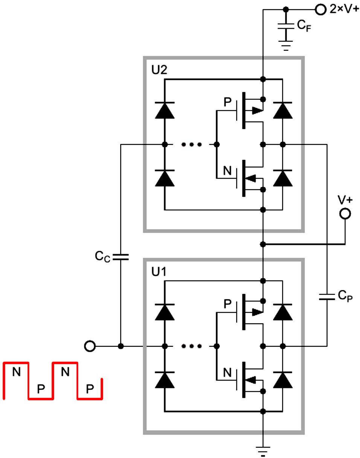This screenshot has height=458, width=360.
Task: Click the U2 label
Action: tap(159, 70)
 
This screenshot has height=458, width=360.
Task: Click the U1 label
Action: tap(159, 272)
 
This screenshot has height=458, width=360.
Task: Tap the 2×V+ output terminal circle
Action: tap(320, 9)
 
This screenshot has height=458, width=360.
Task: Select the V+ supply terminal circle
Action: tap(345, 214)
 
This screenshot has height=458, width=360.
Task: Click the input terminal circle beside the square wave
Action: tap(90, 346)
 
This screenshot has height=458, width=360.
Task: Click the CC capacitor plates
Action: tap(121, 257)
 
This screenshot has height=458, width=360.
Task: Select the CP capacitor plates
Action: tap(327, 297)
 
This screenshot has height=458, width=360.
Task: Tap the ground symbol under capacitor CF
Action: tap(286, 46)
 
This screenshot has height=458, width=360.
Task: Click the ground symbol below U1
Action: tap(263, 451)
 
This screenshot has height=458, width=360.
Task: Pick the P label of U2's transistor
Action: tap(227, 102)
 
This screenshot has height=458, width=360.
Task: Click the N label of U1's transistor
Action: tap(227, 373)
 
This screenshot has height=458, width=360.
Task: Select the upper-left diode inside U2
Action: tap(165, 110)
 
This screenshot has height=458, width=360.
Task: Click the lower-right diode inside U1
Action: tap(282, 380)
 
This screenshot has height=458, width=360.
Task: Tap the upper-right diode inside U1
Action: tap(282, 312)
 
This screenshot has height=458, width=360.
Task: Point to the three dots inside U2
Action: tap(192, 145)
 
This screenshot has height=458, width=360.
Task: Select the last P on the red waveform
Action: tap(90, 389)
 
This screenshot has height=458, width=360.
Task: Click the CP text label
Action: tap(345, 296)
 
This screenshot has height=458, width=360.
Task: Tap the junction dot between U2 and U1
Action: tap(263, 244)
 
